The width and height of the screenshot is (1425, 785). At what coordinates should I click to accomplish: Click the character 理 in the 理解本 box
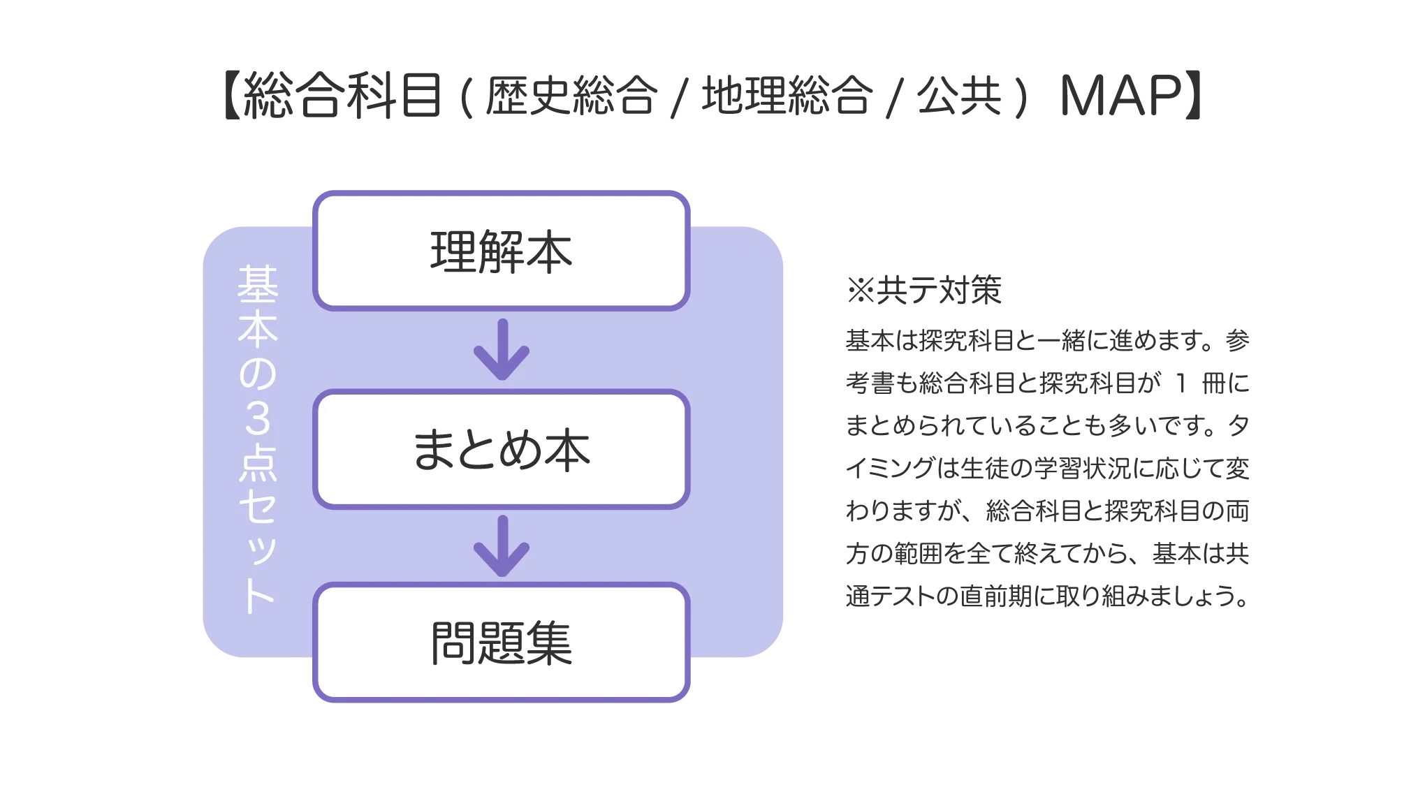tap(453, 252)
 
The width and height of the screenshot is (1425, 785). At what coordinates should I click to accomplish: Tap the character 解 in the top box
tap(501, 252)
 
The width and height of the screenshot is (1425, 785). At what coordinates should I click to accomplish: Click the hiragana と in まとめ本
tap(478, 450)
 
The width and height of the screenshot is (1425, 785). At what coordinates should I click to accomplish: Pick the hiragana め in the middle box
tap(522, 450)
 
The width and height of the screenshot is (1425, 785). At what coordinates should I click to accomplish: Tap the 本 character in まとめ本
tap(568, 450)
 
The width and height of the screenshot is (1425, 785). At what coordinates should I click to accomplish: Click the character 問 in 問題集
tap(453, 643)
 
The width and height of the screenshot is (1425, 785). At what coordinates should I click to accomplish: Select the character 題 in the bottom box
tap(501, 643)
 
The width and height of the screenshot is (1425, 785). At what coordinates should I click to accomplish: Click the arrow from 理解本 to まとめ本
tap(502, 350)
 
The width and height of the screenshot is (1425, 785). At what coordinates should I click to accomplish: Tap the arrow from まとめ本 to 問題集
tap(502, 546)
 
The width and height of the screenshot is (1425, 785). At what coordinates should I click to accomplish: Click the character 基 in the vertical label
tap(258, 284)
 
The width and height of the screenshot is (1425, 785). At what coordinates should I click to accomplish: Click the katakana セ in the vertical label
tap(258, 506)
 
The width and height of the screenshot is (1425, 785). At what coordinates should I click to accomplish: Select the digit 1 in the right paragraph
tap(1181, 383)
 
